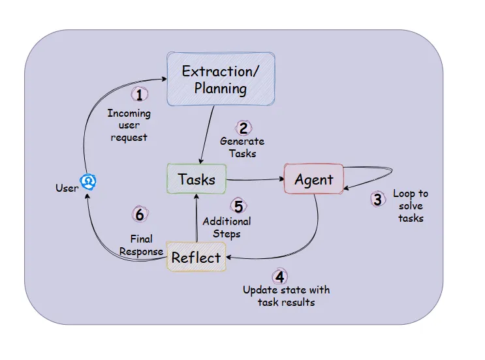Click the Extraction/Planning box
coord(220,79)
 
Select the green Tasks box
coord(196,179)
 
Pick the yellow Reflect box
coord(196,258)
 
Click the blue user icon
coord(88,181)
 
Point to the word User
coord(67,188)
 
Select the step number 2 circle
coord(243,128)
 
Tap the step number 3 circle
coord(377,200)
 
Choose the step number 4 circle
coord(279,277)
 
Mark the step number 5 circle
coord(238,206)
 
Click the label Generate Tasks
coord(242,147)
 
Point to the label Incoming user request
coord(129,125)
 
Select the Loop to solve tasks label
coord(411,205)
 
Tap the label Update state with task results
coord(286,295)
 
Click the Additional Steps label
coord(226,228)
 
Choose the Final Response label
coord(141,245)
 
